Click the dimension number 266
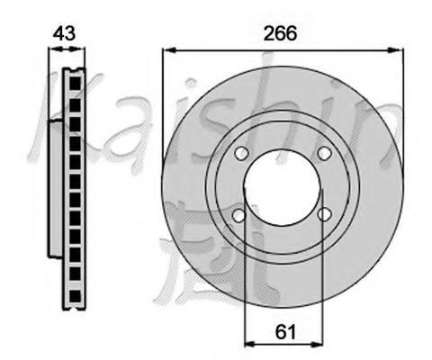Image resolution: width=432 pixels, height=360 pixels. click(280, 33)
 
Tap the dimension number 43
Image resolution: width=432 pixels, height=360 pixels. click(64, 33)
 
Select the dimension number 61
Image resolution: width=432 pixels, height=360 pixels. click(285, 332)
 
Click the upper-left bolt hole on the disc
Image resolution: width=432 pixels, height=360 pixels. click(242, 153)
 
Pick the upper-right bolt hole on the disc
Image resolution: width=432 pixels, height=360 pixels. click(324, 153)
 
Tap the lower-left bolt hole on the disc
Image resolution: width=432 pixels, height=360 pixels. click(239, 215)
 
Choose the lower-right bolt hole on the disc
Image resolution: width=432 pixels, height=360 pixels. click(324, 214)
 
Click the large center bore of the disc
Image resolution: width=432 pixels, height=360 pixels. click(283, 187)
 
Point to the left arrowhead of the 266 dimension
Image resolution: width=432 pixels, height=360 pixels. click(168, 50)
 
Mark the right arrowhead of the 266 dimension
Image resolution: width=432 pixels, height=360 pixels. click(397, 50)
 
